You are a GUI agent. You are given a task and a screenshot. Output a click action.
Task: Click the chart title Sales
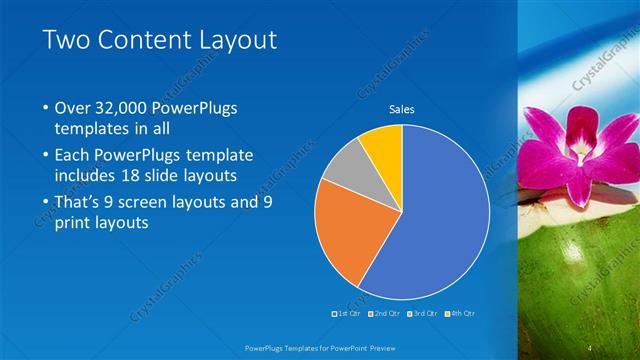click(401, 109)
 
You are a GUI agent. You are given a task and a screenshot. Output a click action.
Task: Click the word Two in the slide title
click(67, 40)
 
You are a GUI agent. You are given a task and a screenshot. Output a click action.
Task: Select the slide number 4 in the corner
click(591, 346)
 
